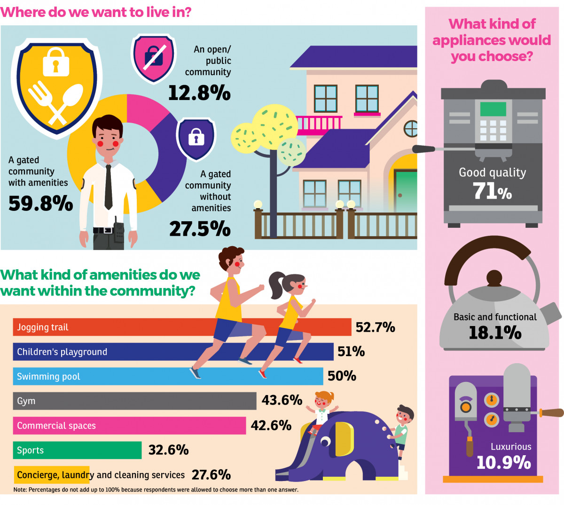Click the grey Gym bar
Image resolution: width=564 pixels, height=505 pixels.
pos(134,401)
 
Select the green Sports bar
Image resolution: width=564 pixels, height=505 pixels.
pos(77,450)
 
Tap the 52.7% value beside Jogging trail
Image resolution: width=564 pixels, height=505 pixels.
pos(375,327)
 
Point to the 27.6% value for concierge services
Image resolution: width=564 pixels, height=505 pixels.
pos(211,475)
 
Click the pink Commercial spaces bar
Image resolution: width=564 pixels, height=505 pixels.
pos(129,426)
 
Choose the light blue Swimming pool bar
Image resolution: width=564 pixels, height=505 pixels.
pos(168,376)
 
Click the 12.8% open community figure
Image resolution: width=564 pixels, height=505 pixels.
pos(199,93)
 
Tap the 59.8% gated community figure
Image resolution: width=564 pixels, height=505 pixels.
pos(40,203)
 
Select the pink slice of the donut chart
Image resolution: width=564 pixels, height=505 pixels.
pos(145,110)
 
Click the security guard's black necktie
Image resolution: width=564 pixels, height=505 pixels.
pos(109,186)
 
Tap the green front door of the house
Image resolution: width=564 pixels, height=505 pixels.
pos(406,192)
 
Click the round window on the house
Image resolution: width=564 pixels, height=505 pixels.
pos(411,129)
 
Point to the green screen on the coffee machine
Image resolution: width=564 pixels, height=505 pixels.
pos(493,109)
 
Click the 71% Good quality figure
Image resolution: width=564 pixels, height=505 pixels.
pos(492,191)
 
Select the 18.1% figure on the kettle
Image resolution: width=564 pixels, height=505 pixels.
pos(495,333)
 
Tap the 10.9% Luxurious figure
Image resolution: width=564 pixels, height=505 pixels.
pos(504,463)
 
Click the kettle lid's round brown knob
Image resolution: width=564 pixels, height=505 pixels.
pos(494,278)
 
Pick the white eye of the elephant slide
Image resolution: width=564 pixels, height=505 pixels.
pos(325,441)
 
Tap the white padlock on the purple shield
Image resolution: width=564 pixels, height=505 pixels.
pos(196,137)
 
